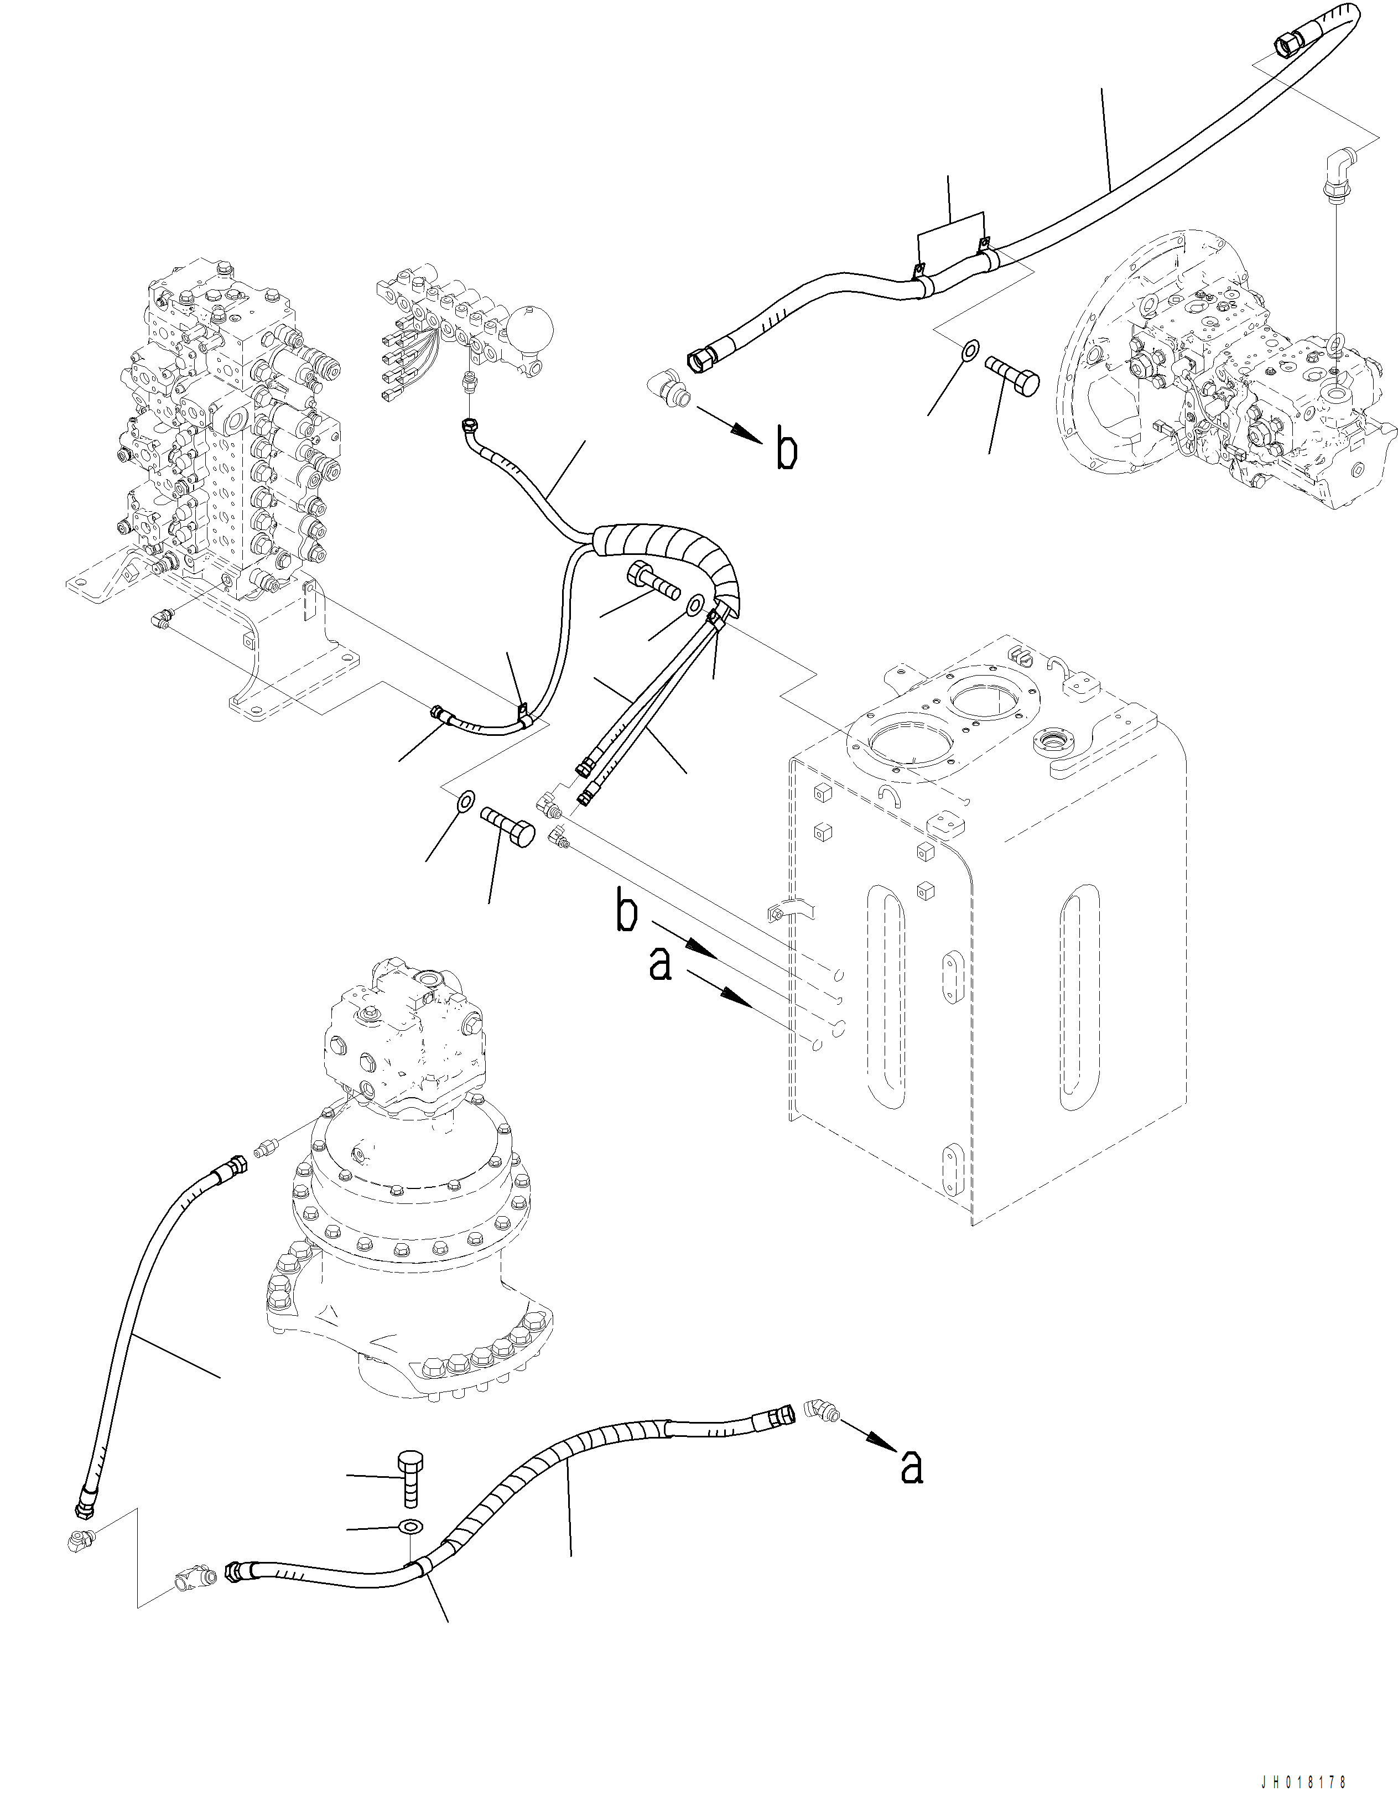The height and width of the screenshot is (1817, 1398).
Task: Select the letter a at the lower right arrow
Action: click(912, 1468)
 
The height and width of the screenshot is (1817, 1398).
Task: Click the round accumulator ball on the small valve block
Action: click(527, 324)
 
